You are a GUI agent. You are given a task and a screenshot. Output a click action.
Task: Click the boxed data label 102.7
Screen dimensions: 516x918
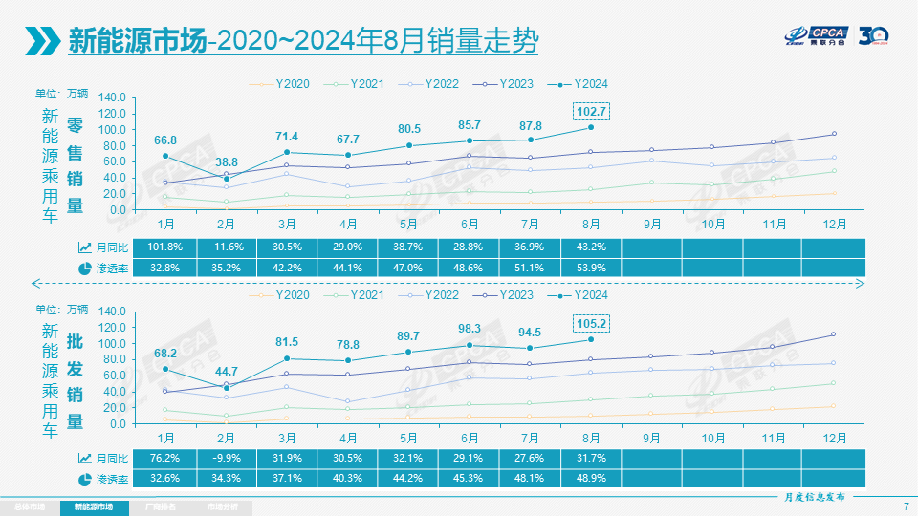591,111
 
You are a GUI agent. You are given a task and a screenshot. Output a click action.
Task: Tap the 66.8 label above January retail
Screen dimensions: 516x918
165,140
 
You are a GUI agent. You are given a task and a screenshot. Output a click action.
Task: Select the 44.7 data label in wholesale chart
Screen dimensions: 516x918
226,371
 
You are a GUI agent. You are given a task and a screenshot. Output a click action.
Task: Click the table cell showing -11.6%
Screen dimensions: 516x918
226,247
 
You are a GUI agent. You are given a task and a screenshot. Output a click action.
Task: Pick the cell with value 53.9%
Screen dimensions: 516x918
591,269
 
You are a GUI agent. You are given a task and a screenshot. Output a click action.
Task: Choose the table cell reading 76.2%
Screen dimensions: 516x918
165,460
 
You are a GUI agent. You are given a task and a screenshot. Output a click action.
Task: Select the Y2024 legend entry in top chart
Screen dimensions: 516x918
583,84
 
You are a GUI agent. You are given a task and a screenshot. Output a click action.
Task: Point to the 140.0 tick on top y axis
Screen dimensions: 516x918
112,97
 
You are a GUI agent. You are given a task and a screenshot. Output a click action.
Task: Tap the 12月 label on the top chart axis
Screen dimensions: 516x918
833,223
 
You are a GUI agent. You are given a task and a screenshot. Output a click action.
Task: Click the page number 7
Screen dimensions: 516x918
905,505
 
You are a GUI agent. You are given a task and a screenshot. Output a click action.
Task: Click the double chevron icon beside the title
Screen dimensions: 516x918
40,40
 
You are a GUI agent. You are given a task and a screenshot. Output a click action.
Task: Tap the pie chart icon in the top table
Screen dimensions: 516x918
84,269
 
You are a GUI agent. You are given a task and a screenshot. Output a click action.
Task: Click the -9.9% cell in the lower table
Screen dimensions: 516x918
226,460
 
